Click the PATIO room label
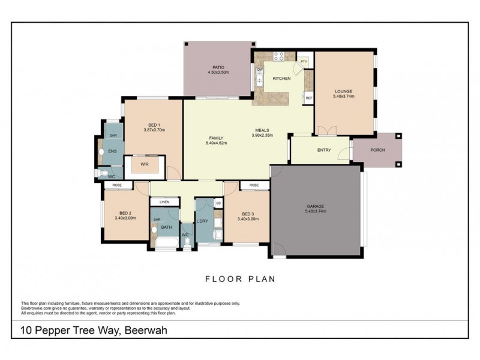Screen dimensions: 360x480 coord(218,67)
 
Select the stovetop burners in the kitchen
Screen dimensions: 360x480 coord(279,57)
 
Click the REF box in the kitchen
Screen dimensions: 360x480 coord(308,98)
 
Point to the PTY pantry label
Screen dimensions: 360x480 coord(304,61)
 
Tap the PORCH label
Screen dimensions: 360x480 coord(377,150)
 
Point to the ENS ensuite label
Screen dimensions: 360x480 coord(112,151)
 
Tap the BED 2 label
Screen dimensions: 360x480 coord(125,213)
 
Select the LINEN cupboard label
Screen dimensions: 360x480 coord(164,202)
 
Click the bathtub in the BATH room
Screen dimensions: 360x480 coord(163,243)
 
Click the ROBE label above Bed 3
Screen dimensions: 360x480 coord(254,186)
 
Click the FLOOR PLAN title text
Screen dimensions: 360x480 coord(239,278)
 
